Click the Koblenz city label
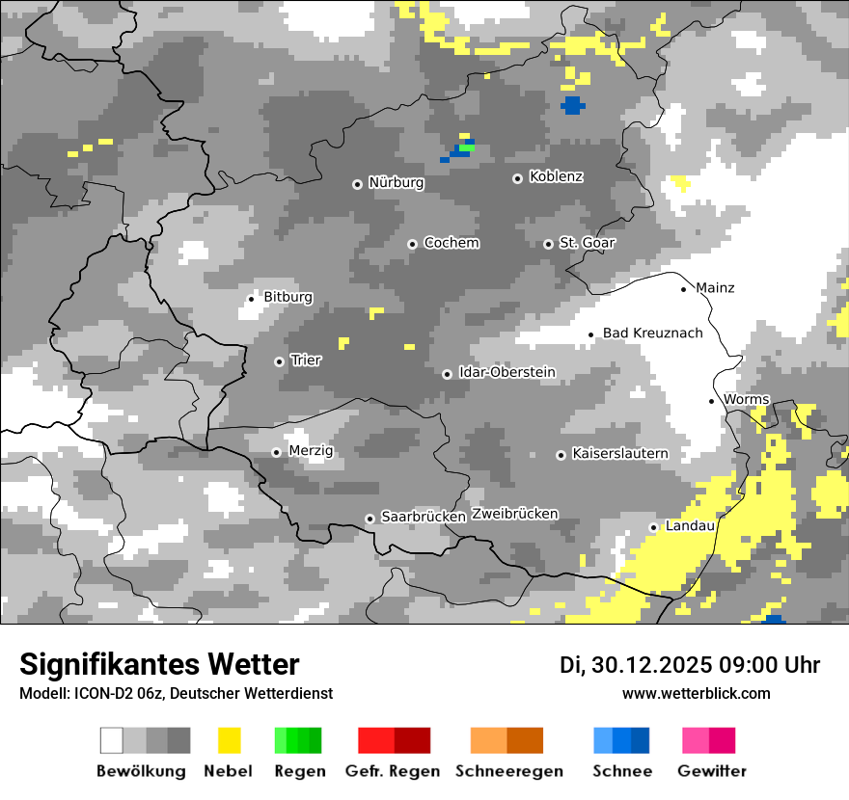click(x=556, y=176)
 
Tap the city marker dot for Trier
click(x=279, y=361)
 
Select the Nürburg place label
click(x=396, y=182)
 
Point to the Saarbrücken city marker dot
click(x=370, y=519)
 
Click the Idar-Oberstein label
click(x=507, y=372)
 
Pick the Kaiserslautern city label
click(x=619, y=453)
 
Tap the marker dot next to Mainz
click(x=684, y=288)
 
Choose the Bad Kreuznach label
click(x=652, y=333)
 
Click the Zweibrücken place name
click(x=514, y=514)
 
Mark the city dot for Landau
click(x=653, y=527)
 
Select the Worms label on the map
click(x=746, y=399)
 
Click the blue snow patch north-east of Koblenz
click(x=572, y=104)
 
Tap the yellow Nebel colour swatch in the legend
click(x=229, y=740)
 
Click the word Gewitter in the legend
click(x=711, y=771)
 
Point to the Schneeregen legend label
click(x=508, y=771)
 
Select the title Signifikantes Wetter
click(x=159, y=664)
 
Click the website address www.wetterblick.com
click(x=696, y=693)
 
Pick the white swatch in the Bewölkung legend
click(x=112, y=740)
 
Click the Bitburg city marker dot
click(x=251, y=299)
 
